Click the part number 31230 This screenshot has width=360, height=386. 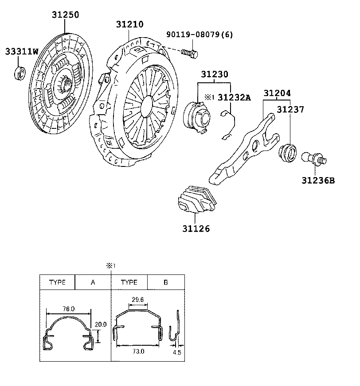pos(215,74)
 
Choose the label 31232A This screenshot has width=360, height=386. pos(234,97)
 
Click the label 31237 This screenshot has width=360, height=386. pos(290,109)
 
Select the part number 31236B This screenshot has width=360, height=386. pos(318,181)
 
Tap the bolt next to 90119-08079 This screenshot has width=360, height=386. pos(189,54)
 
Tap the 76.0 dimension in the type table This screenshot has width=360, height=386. pos(69,309)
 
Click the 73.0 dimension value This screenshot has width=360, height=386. pos(138,351)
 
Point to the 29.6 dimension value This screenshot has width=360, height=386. pos(137,300)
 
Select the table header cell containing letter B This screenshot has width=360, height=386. pos(165,282)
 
